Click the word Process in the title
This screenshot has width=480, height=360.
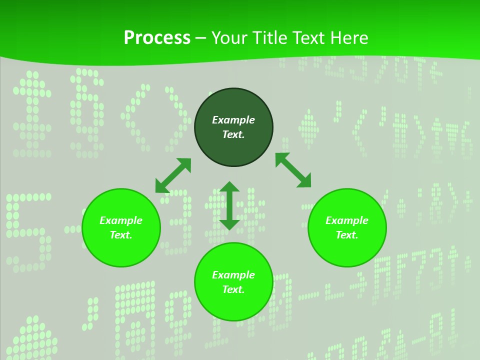[x=157, y=38]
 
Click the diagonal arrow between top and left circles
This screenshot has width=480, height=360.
[x=173, y=175]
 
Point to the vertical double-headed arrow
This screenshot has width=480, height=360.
[x=229, y=205]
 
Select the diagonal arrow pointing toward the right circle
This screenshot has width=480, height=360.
[x=293, y=170]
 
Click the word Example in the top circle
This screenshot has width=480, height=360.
[x=233, y=120]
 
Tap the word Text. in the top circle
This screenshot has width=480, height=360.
[x=233, y=134]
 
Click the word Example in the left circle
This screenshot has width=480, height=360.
[x=121, y=220]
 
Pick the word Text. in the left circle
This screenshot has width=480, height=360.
[x=121, y=235]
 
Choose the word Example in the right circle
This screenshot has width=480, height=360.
[x=347, y=220]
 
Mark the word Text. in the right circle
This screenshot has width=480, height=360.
[x=347, y=235]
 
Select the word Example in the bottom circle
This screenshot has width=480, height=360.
[x=233, y=275]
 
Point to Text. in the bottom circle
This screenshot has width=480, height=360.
[x=233, y=289]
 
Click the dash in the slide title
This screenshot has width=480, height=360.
[x=201, y=38]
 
